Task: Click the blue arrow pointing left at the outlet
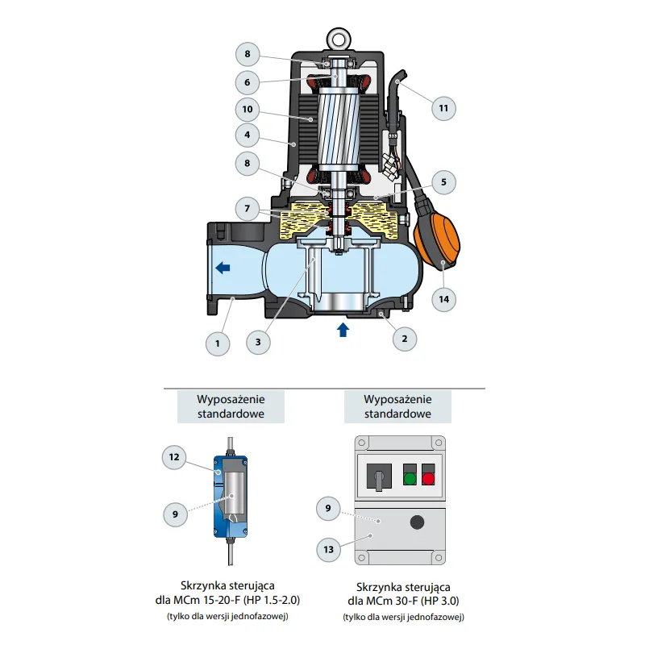click(223, 268)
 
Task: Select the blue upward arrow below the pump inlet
click(343, 330)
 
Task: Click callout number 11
click(443, 108)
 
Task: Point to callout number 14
click(443, 299)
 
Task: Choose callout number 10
click(248, 109)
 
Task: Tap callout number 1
click(218, 343)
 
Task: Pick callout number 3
click(258, 342)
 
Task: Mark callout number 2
click(405, 339)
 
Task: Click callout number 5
click(443, 182)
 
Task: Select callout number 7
click(248, 208)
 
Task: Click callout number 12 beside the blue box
click(174, 457)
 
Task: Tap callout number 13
click(328, 549)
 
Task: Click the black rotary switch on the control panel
click(379, 476)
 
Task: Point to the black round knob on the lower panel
click(417, 522)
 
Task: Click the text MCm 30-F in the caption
click(381, 601)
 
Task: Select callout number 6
click(248, 82)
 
